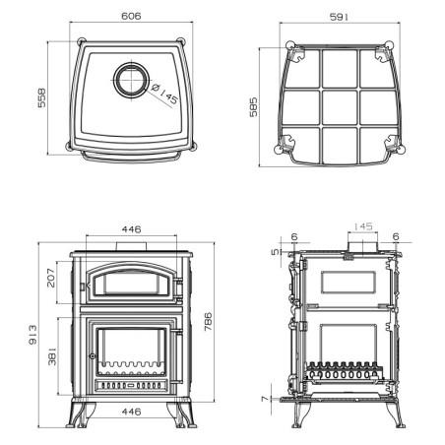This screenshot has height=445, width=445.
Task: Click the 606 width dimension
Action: pyautogui.click(x=131, y=16)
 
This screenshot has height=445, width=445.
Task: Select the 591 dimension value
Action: pyautogui.click(x=339, y=17)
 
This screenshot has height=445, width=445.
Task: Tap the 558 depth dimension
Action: pyautogui.click(x=42, y=97)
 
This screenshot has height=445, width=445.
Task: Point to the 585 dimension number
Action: pyautogui.click(x=253, y=107)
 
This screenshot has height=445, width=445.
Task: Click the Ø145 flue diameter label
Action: pyautogui.click(x=164, y=94)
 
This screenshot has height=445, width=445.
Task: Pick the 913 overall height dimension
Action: pyautogui.click(x=32, y=335)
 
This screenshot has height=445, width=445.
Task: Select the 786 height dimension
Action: pyautogui.click(x=208, y=322)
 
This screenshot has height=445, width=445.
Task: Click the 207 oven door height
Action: pyautogui.click(x=51, y=278)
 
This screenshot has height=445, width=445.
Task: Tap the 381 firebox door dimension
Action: pyautogui.click(x=52, y=356)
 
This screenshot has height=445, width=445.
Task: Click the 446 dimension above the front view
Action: pyautogui.click(x=131, y=229)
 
